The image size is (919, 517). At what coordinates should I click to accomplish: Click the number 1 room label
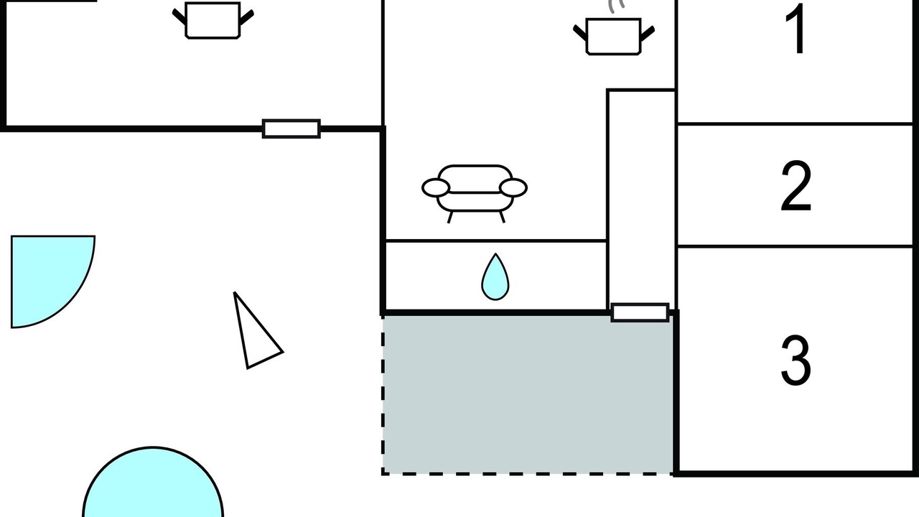point(797,29)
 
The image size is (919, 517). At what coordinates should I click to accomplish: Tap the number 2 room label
point(796,186)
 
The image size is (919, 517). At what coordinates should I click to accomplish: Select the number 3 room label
point(796,360)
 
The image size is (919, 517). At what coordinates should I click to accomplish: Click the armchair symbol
point(475,194)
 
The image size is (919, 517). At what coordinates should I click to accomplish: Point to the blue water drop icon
point(495,277)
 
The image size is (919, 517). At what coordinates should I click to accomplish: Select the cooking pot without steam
point(213,21)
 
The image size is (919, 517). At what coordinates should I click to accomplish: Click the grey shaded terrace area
point(528,395)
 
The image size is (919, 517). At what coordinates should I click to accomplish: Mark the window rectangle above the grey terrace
point(640,312)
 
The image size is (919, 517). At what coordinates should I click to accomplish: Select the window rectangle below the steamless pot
point(291,129)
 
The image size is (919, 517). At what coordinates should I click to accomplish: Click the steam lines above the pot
point(616,6)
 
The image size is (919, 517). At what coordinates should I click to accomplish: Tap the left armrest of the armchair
point(436,188)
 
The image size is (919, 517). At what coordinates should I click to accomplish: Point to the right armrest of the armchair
point(513,188)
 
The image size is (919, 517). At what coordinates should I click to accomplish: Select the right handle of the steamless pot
point(246,17)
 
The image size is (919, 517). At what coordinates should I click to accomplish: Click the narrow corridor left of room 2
point(641,197)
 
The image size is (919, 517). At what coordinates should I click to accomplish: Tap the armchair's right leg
point(502,218)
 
